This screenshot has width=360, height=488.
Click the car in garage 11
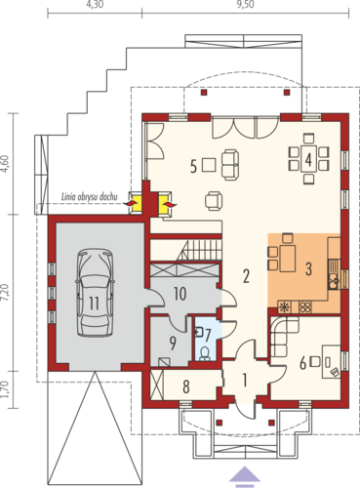pos(95,293)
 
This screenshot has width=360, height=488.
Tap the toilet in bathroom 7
pos(205,354)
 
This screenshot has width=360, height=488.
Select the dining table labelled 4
pos(308,159)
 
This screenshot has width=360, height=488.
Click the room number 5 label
pos(193,167)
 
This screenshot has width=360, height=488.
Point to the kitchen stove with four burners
pos(305,307)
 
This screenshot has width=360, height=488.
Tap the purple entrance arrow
pos(245,474)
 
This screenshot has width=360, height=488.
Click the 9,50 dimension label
pos(246,5)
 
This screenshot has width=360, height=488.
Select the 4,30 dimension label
pos(95,5)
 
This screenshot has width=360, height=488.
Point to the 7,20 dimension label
pos(5,293)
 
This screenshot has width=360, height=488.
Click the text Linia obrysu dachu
pos(90,197)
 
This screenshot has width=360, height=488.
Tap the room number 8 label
pos(186,387)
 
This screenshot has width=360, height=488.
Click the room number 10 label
pos(180,294)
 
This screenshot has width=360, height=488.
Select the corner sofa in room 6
pos(284,336)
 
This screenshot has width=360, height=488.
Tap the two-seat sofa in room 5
pos(230,164)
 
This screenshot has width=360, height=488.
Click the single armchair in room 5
pos(214,201)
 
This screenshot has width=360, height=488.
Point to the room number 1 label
pos(245,380)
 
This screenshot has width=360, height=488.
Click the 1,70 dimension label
pos(5,389)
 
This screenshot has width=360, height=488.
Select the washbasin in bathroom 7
pos(199,332)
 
